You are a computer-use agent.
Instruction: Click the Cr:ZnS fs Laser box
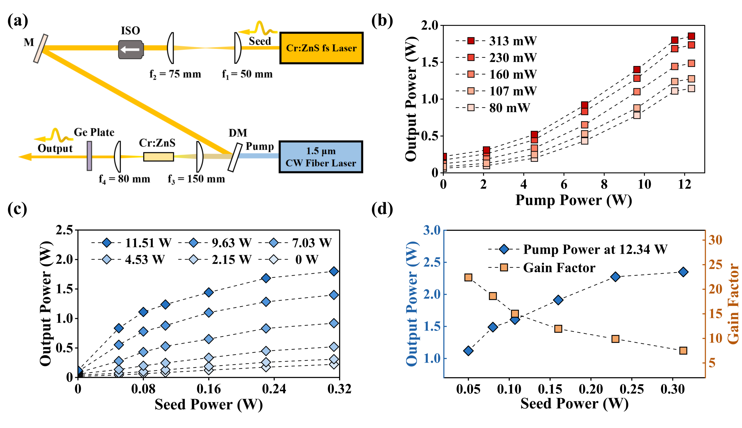321,48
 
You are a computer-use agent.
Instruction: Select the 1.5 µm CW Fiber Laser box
321,157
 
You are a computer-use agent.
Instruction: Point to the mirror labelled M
40,49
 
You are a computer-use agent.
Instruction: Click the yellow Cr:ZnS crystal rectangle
158,157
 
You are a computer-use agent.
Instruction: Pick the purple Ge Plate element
89,156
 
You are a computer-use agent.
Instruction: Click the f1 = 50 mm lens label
247,74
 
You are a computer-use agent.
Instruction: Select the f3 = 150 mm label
196,179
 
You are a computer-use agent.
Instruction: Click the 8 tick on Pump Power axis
604,184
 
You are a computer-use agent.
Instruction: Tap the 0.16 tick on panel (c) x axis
208,389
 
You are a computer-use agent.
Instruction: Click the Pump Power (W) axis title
574,200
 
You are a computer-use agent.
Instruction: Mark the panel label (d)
382,209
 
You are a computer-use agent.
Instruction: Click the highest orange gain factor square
468,277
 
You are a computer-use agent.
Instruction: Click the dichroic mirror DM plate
235,157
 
